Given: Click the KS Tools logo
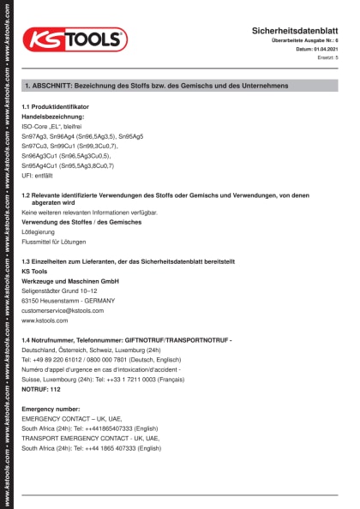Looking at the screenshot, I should (75, 40).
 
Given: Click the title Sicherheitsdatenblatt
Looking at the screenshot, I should (295, 30).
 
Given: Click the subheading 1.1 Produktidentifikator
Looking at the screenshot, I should (55, 106).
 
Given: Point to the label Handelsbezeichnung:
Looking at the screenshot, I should (52, 116).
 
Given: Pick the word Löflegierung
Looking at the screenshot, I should (38, 232).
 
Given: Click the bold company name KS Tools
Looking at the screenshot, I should (34, 271).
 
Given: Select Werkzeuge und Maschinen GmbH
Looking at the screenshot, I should (69, 281).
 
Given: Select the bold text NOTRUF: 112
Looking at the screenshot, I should (40, 389).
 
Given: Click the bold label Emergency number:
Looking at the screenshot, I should (51, 409).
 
